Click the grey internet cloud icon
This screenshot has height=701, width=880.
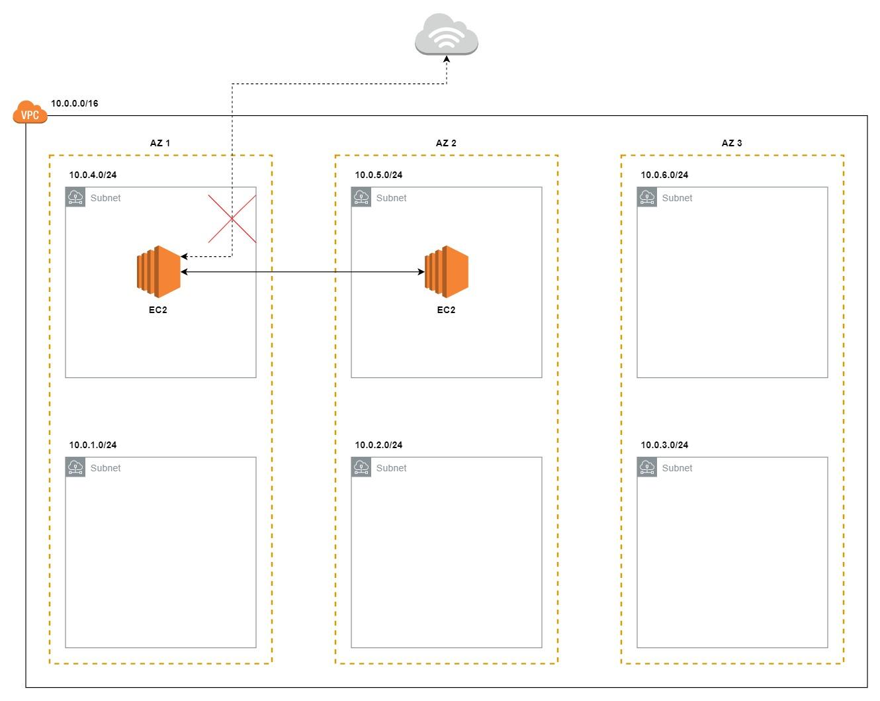pyautogui.click(x=447, y=34)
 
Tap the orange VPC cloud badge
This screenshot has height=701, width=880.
pyautogui.click(x=30, y=113)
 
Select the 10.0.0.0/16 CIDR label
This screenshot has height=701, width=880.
pyautogui.click(x=75, y=103)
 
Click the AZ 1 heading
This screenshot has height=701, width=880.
pyautogui.click(x=160, y=143)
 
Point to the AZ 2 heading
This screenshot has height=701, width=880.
pyautogui.click(x=446, y=143)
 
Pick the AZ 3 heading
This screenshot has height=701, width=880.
pyautogui.click(x=732, y=143)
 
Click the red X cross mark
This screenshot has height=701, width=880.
pyautogui.click(x=232, y=218)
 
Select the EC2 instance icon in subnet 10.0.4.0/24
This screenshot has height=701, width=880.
pyautogui.click(x=159, y=271)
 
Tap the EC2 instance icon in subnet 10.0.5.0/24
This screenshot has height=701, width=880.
pyautogui.click(x=447, y=271)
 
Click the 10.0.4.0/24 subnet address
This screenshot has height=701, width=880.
pyautogui.click(x=93, y=175)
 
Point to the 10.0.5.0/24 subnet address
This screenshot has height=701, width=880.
pyautogui.click(x=378, y=175)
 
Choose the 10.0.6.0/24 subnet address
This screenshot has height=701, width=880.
pyautogui.click(x=664, y=175)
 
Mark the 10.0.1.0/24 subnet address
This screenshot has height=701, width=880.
pyautogui.click(x=93, y=445)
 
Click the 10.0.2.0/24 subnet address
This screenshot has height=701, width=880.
pyautogui.click(x=378, y=445)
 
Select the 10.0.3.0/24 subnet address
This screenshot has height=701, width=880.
pyautogui.click(x=664, y=445)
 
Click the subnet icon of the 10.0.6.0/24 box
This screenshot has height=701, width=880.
pyautogui.click(x=647, y=197)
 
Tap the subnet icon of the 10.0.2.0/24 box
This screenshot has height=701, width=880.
pyautogui.click(x=361, y=467)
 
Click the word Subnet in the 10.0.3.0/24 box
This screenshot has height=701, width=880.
pyautogui.click(x=677, y=468)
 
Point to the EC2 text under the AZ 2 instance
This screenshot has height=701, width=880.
pyautogui.click(x=446, y=310)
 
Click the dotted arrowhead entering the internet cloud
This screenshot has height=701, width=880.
pyautogui.click(x=447, y=60)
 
